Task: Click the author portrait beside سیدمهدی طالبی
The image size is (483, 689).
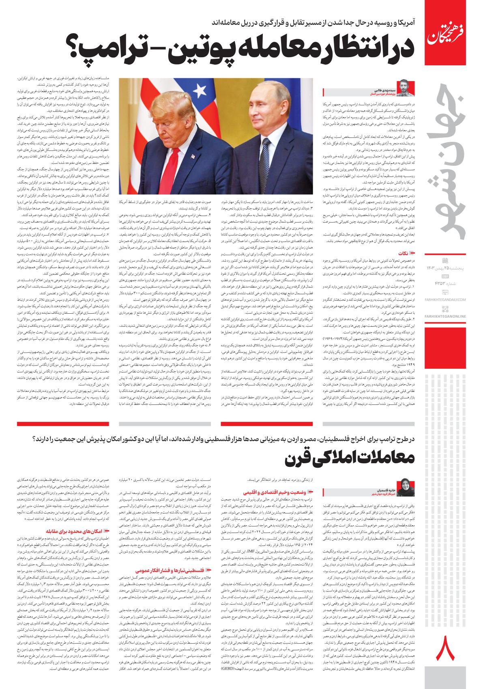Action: click(x=406, y=88)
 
